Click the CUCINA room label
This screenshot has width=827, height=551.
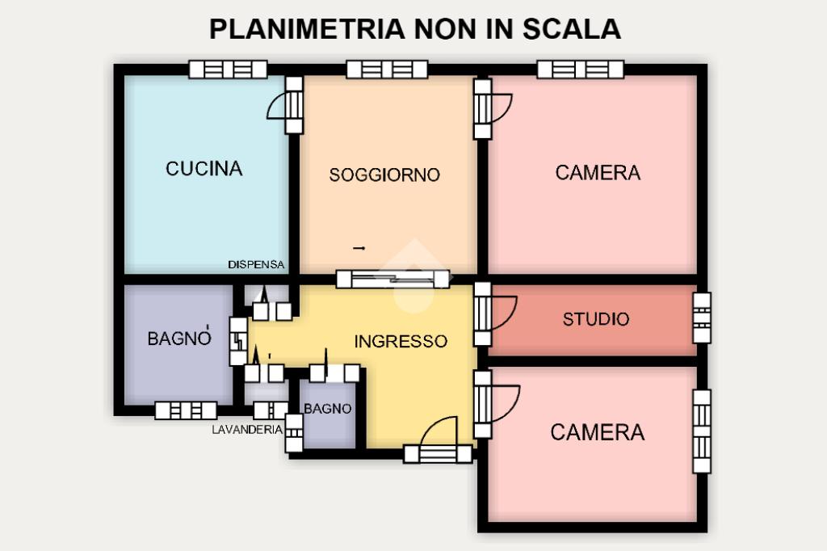(204, 169)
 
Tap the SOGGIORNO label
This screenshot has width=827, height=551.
(384, 175)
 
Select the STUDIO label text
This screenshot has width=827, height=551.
(596, 319)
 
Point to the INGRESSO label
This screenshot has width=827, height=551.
(401, 342)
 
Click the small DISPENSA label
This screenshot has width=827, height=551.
(257, 264)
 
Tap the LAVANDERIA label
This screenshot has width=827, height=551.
(247, 430)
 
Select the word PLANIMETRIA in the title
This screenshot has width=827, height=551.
(306, 29)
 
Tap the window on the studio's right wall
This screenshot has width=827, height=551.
(702, 319)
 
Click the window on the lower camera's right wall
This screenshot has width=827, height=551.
(702, 431)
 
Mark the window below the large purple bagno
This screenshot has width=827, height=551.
(186, 410)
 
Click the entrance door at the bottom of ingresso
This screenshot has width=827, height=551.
(438, 453)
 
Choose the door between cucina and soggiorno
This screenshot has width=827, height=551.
(294, 105)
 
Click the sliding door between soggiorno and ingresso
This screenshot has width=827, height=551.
(393, 279)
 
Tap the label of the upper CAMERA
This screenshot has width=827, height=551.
(598, 172)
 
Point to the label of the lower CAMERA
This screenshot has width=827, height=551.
(598, 433)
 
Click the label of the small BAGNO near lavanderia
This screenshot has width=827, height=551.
(328, 409)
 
